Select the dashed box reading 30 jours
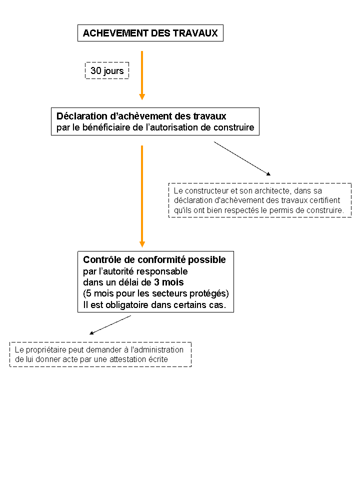click(x=107, y=70)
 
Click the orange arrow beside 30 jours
click(x=142, y=75)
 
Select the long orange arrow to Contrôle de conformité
click(x=142, y=196)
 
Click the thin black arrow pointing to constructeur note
click(x=242, y=158)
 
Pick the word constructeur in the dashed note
click(x=206, y=190)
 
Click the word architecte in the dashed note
click(x=273, y=190)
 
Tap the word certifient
click(x=325, y=200)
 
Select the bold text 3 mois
click(x=168, y=282)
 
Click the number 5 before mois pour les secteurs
click(x=88, y=293)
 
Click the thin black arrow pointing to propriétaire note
click(x=110, y=325)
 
